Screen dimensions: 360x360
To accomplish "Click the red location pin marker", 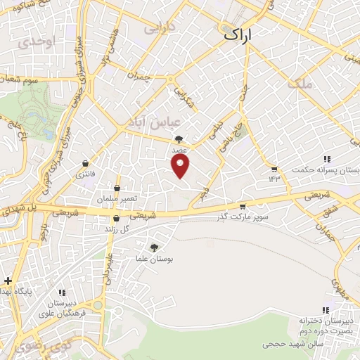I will (181, 167).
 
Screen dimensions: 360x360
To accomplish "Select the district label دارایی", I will (157, 30).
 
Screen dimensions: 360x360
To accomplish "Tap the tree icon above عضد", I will (179, 139).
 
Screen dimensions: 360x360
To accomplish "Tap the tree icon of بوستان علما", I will (154, 247).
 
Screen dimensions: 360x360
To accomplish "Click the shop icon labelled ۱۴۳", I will (274, 169).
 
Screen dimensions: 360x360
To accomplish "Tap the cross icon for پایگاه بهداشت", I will (8, 281).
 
